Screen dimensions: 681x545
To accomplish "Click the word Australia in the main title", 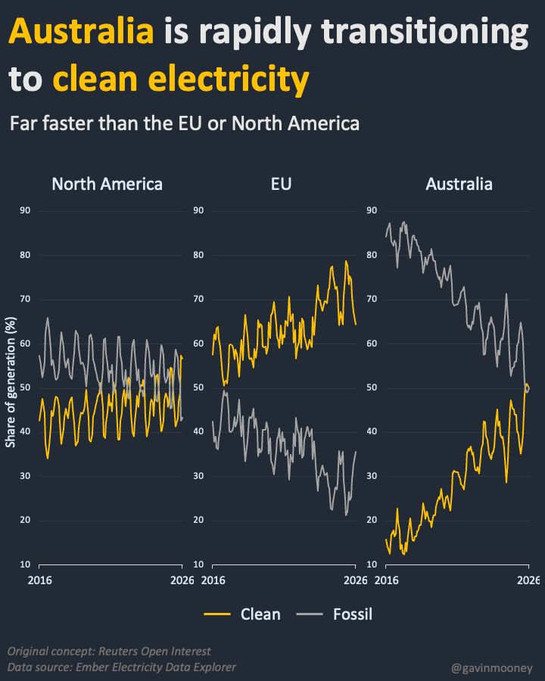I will coord(80,32).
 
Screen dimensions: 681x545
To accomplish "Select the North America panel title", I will coord(107,184).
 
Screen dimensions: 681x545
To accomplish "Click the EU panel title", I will coord(281,184).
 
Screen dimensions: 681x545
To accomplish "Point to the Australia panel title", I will coord(459,184).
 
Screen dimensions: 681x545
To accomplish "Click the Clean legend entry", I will coord(260,614).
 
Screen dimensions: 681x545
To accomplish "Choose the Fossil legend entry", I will coord(352,614).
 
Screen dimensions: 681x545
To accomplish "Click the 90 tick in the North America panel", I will coord(24,210).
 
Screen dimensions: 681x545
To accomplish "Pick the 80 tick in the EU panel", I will coord(199,255).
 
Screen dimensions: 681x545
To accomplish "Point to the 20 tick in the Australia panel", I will coord(371,520).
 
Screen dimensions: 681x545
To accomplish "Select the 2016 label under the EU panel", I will coord(214,580).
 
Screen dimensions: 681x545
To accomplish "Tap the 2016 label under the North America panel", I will coord(39,580).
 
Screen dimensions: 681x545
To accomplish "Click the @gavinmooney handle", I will coord(492,667).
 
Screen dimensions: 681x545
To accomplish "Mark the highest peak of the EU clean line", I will coord(346,261).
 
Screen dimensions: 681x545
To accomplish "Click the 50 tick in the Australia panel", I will coord(371,387).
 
